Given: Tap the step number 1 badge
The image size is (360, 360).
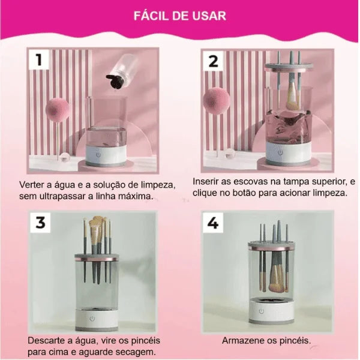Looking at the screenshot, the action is [39, 59].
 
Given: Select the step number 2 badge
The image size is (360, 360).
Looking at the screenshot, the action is [213, 61].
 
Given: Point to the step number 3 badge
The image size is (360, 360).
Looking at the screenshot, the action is [40, 222].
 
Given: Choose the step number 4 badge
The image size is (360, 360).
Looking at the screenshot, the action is [213, 223].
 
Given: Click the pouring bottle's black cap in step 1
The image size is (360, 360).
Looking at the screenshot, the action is [115, 81].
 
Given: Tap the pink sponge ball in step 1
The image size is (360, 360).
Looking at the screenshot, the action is [57, 110].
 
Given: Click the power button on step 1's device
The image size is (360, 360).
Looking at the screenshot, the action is [98, 155].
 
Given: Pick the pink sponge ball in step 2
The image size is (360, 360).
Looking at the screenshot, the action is [216, 100].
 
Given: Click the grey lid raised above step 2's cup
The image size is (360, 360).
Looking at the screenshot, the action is [289, 66].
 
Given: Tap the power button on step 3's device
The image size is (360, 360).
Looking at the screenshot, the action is [92, 319].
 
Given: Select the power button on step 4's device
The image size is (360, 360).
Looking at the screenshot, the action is [262, 311].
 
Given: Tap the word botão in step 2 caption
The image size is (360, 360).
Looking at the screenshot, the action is [244, 193].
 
